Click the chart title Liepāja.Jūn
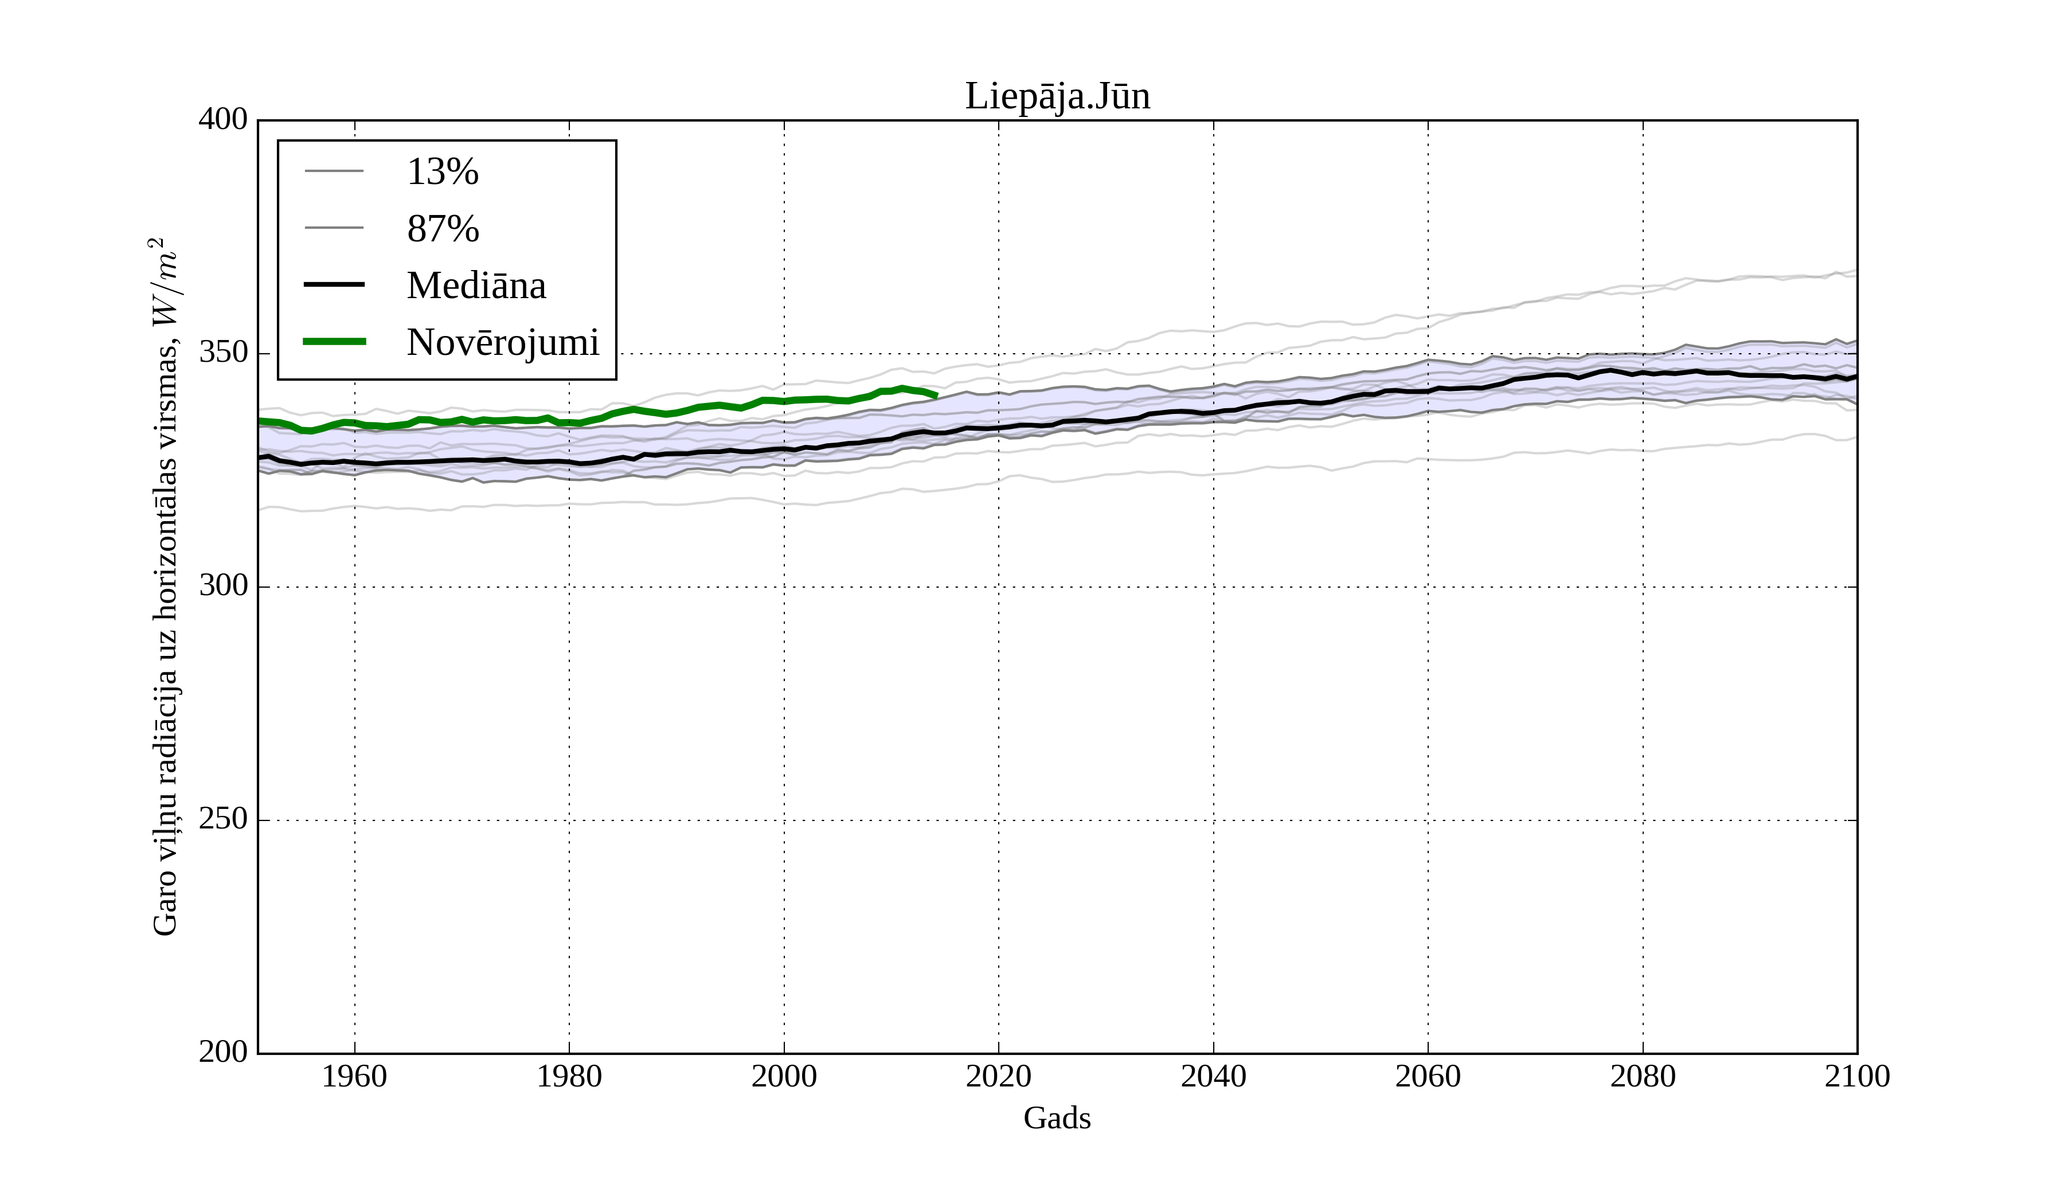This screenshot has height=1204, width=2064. tap(1057, 97)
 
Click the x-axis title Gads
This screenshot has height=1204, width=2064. tap(1057, 1118)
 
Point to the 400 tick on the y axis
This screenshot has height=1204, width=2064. tap(223, 120)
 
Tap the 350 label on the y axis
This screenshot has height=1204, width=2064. tap(223, 353)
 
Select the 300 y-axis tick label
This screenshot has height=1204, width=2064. tap(223, 587)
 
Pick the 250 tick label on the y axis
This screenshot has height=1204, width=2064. tap(223, 819)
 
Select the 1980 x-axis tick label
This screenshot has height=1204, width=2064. tap(569, 1076)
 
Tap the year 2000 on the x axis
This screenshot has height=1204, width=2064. tap(784, 1076)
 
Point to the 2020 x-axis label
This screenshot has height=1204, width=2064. tap(998, 1076)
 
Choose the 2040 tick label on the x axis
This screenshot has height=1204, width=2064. tap(1213, 1076)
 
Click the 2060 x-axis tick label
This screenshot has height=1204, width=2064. tap(1428, 1076)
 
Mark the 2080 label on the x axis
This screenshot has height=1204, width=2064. tap(1642, 1076)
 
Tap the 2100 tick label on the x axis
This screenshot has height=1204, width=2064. tap(1857, 1076)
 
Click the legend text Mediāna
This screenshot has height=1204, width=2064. tap(476, 286)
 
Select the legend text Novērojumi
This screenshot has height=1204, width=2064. tap(503, 342)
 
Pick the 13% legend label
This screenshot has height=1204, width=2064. tap(442, 172)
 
